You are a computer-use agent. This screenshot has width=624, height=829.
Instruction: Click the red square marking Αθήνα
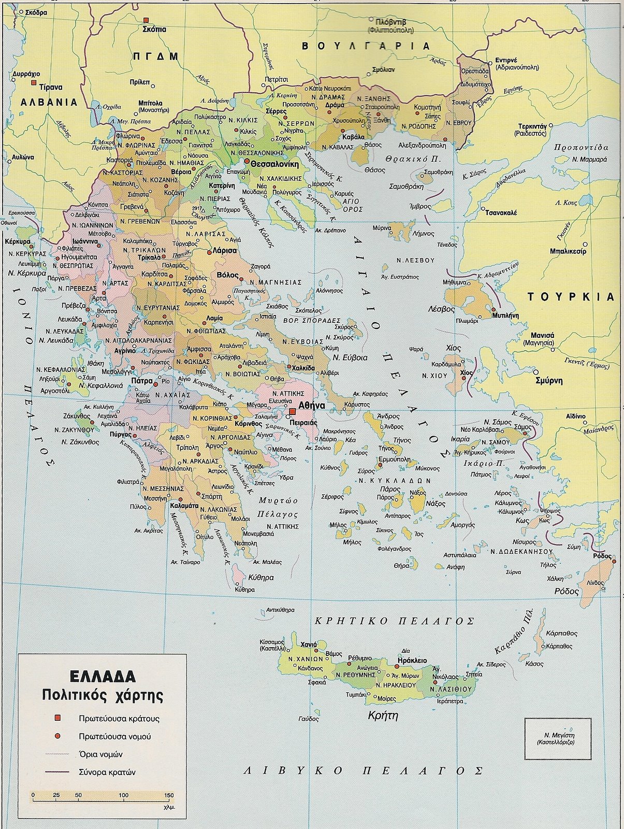coord(293,411)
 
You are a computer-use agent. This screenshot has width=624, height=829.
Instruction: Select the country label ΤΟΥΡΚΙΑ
coord(571,297)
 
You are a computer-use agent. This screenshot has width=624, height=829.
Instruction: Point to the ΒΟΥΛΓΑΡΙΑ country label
coord(366,46)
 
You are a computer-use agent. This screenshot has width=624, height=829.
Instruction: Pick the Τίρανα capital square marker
coord(34,83)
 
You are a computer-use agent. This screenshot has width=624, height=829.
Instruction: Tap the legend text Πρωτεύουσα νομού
coord(115,736)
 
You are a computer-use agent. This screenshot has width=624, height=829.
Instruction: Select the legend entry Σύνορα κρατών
coord(107,772)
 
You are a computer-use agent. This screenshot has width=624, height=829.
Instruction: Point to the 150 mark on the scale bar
coord(169,795)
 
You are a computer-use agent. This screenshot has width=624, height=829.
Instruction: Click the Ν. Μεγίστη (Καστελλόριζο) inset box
coord(559,738)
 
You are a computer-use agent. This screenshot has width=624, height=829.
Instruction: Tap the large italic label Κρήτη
coord(383,716)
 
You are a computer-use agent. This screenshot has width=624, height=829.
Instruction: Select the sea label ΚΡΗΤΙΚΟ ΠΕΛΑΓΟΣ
coord(395,621)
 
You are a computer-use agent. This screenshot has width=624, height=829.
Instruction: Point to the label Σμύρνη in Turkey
coord(549,380)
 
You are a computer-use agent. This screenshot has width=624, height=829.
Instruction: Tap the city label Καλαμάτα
coord(184,505)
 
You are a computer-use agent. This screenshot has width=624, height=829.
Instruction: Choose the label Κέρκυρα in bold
coord(17,241)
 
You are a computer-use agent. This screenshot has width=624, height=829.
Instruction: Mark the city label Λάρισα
coord(225,250)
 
